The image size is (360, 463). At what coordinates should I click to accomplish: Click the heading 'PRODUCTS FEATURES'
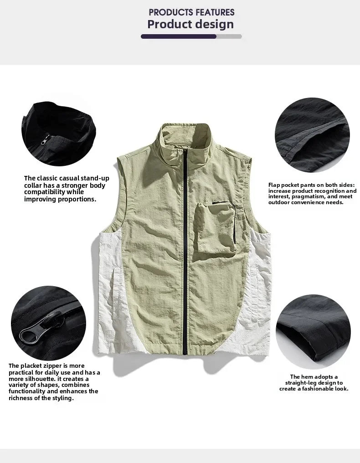coord(191,12)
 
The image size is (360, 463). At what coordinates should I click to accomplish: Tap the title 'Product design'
coord(190,24)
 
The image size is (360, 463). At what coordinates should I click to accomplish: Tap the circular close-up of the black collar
coord(58,131)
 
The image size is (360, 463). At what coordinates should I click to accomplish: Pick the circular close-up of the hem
coord(312,332)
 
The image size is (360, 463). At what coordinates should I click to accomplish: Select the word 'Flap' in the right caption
coord(274,185)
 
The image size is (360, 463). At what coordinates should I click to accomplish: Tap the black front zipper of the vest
coord(185,255)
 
